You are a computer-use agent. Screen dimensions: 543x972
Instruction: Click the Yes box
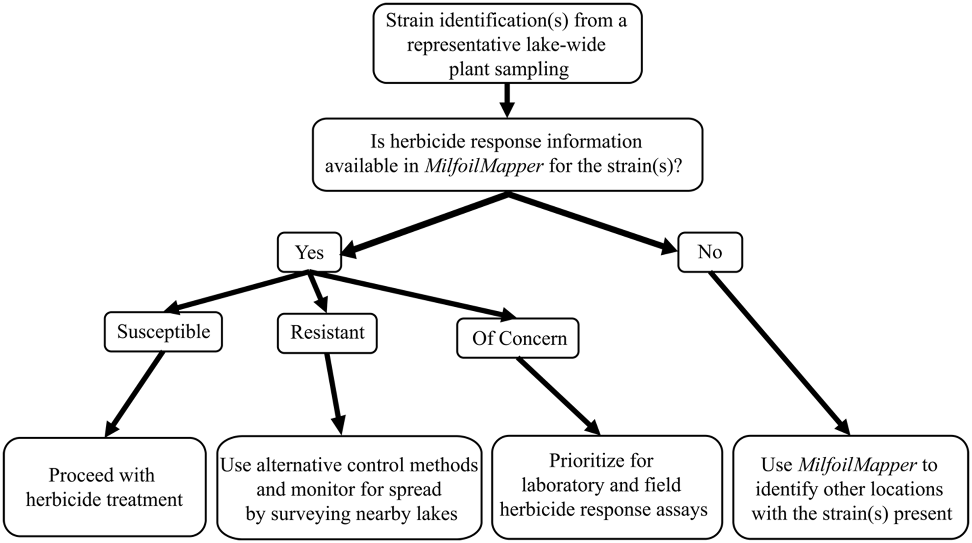coord(309,252)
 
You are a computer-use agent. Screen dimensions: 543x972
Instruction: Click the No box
coord(709,252)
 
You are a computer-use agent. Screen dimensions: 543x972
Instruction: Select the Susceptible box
coord(163,332)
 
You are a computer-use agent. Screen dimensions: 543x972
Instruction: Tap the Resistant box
coord(327,333)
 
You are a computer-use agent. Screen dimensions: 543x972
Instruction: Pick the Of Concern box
coord(518,338)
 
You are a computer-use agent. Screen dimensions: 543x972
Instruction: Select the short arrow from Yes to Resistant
coord(317,293)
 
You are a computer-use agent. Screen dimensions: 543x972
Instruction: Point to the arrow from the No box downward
coord(779,353)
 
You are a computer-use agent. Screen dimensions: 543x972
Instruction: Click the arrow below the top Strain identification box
coord(508,100)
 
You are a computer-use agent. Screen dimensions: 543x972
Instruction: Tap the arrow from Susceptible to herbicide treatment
coord(135,394)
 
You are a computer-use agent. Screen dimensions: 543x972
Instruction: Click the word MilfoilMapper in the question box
coord(484,166)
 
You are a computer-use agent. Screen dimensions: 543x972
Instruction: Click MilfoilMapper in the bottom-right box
coord(857,465)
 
